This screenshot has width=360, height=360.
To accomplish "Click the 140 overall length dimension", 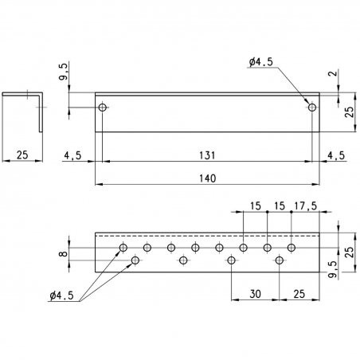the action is (208, 178).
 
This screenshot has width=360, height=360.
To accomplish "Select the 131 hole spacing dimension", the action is (207, 155).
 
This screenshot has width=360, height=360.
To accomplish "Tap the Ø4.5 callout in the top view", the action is (261, 62).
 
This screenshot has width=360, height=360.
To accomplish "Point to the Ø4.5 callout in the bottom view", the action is (61, 295).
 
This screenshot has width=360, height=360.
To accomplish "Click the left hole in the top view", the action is (103, 108).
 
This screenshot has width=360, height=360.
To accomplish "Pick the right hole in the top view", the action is (312, 108).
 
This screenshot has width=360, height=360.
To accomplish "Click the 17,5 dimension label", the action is (306, 205).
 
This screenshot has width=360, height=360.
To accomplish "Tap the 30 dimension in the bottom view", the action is (255, 294).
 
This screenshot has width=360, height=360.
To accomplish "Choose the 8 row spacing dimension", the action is (63, 254).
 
